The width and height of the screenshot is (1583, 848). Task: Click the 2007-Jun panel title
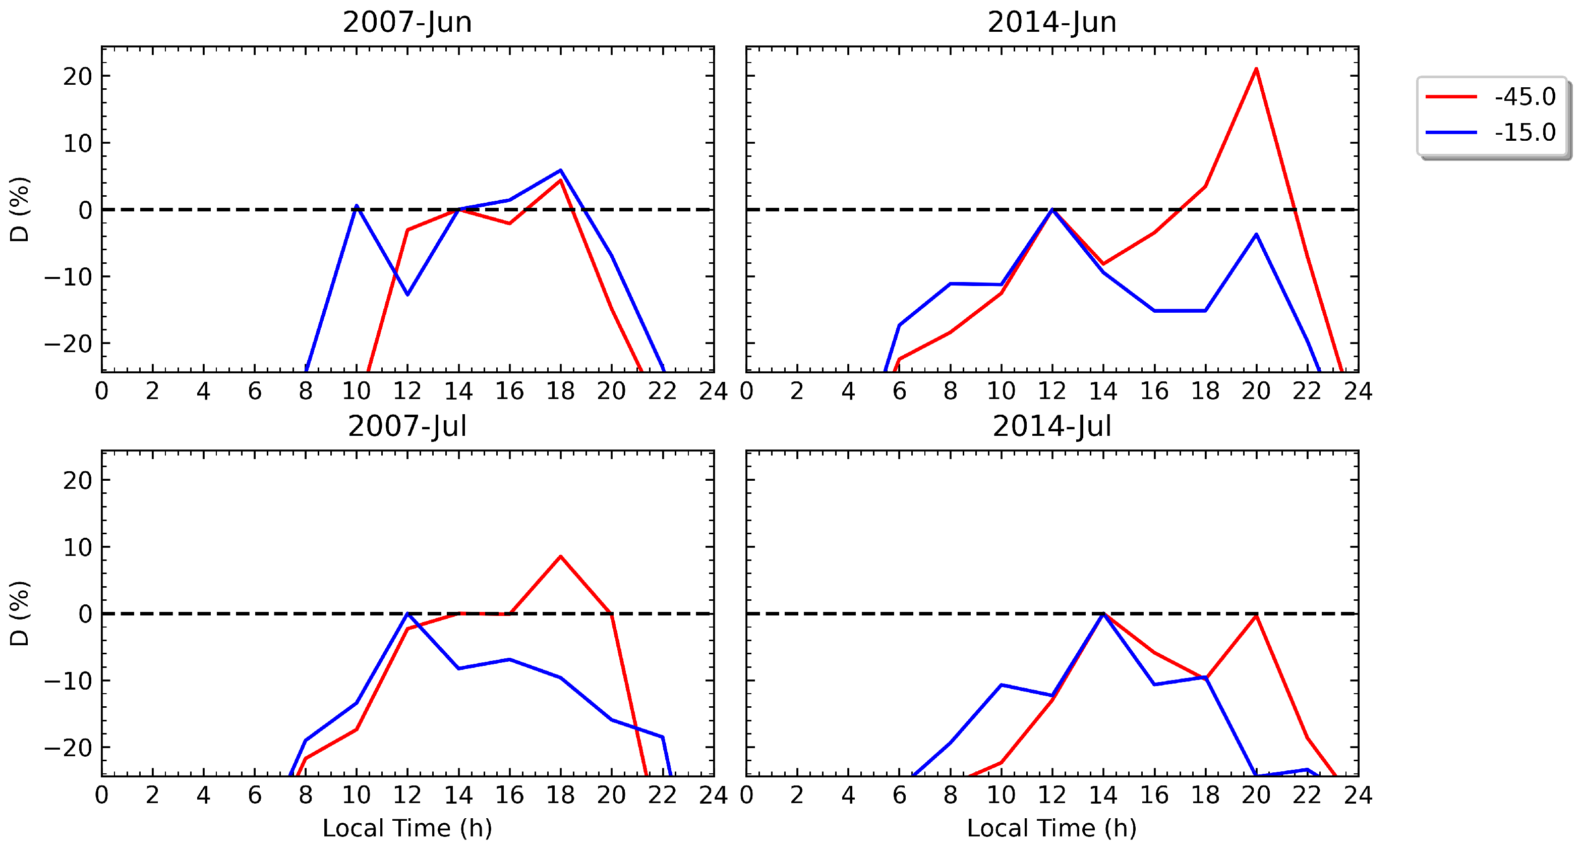point(407,22)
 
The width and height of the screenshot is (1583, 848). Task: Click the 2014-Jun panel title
point(1051,22)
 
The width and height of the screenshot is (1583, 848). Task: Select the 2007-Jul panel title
point(407,426)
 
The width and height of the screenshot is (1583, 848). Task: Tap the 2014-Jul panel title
point(1051,426)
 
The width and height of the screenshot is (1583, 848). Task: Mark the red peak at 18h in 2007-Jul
point(560,557)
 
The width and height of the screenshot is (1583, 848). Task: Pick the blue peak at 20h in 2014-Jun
point(1256,235)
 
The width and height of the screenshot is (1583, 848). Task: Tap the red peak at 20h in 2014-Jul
point(1256,615)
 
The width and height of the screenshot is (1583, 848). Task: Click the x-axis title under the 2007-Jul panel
point(407,828)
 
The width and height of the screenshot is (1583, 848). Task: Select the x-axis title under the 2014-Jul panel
point(1051,828)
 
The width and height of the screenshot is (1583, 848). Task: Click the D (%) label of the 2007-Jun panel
point(20,209)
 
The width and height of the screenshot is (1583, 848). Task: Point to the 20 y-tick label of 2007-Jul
point(78,481)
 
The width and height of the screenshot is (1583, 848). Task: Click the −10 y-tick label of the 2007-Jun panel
point(68,277)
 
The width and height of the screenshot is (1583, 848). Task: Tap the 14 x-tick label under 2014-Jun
point(1102,391)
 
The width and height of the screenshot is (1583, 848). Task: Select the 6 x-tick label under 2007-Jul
point(254,795)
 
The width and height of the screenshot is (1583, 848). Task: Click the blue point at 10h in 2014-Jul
point(1001,685)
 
